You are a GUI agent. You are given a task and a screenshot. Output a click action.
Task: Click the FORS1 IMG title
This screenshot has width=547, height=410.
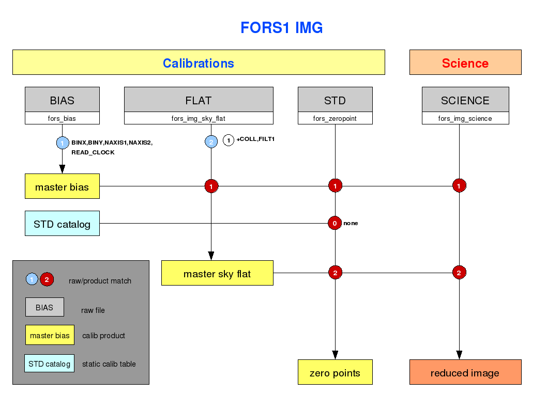pos(282,27)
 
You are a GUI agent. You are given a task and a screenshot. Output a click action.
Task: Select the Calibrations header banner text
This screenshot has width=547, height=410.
pos(198,64)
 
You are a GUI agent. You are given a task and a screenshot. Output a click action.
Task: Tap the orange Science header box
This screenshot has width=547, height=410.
pos(465,62)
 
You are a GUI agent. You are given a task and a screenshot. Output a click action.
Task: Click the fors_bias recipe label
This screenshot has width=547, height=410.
pos(62,119)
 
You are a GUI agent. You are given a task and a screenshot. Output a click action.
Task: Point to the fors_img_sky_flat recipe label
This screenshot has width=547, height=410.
pos(199,119)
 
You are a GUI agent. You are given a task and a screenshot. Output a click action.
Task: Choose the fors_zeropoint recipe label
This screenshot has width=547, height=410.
pos(335,119)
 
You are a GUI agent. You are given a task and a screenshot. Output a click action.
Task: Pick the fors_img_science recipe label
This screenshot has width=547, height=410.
pos(465,119)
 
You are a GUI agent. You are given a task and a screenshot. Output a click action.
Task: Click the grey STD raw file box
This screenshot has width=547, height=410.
pos(335,100)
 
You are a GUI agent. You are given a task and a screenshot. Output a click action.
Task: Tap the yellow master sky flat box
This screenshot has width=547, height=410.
pos(217,273)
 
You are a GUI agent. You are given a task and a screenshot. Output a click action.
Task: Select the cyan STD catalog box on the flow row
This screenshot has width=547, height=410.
pos(62,224)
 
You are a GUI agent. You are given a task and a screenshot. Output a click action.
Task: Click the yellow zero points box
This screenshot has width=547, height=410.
pos(335,372)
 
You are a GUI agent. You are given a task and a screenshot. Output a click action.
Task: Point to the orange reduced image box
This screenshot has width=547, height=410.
pos(465,372)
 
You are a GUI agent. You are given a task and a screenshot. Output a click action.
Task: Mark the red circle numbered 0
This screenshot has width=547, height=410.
pos(335,223)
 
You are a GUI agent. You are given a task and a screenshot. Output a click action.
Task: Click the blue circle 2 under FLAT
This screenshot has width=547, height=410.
pos(211,141)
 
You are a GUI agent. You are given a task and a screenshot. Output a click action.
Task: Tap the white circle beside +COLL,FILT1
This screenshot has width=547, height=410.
pos(229,140)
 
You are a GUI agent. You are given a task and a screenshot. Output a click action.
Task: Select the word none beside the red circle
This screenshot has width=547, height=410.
pos(351,223)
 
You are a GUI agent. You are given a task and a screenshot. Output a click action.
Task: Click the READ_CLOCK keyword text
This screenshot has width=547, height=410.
pos(93,152)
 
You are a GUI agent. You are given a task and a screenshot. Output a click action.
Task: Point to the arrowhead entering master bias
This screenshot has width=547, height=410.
pos(62,169)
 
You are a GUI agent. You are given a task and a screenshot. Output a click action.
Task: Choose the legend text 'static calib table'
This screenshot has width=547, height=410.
pos(109,364)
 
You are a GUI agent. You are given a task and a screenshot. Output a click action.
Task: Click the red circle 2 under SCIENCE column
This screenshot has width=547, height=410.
pos(459,272)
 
